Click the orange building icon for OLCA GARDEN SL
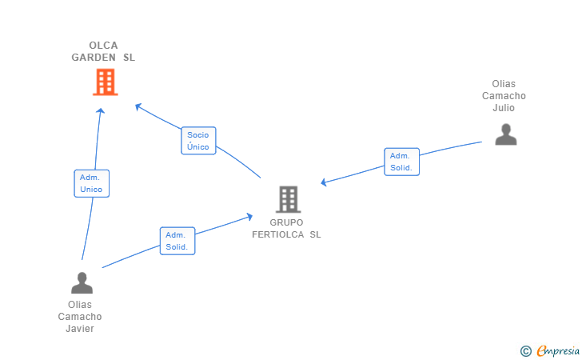105,82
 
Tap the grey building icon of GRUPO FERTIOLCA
288,199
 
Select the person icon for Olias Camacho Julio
505,134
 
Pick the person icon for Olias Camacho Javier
82,282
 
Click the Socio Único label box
198,141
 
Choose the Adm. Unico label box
91,183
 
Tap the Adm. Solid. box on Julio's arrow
401,162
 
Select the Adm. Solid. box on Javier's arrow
177,241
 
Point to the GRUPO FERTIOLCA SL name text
286,228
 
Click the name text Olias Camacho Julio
504,96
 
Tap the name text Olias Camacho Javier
80,316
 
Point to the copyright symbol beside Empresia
525,350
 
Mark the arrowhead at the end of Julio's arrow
324,183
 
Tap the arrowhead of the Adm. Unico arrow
101,110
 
